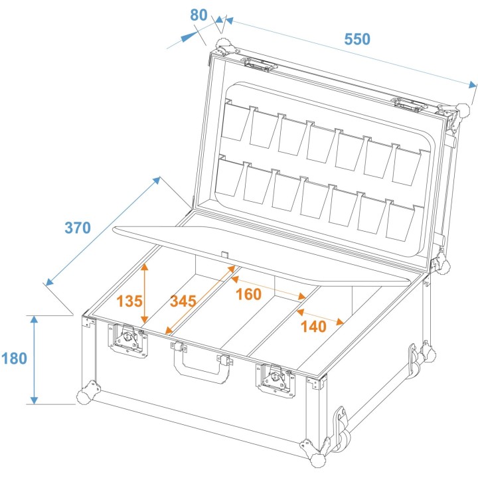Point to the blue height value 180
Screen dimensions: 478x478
[14, 358]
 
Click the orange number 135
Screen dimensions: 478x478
[129, 301]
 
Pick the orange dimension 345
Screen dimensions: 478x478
[183, 301]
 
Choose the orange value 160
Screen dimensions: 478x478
[248, 294]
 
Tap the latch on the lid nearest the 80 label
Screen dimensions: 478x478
[260, 64]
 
